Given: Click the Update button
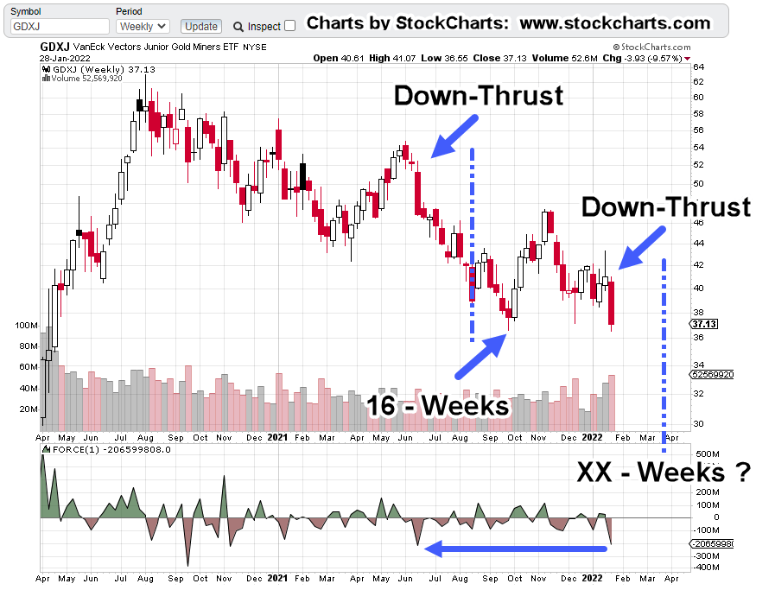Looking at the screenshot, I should pyautogui.click(x=203, y=27).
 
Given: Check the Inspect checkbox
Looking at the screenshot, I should pyautogui.click(x=289, y=26).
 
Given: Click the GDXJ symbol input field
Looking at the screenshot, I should pyautogui.click(x=60, y=27).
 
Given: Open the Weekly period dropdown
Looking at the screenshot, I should pyautogui.click(x=142, y=27).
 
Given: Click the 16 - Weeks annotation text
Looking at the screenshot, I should pyautogui.click(x=437, y=405).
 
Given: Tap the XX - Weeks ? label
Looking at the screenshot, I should pyautogui.click(x=663, y=473).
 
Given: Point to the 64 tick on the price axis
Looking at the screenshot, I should pyautogui.click(x=697, y=67).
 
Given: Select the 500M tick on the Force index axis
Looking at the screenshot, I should pyautogui.click(x=708, y=454).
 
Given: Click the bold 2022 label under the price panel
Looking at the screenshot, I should pyautogui.click(x=592, y=439).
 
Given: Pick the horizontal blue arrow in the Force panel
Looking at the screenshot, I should pyautogui.click(x=514, y=548).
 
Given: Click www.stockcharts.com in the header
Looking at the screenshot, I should pyautogui.click(x=615, y=22).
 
